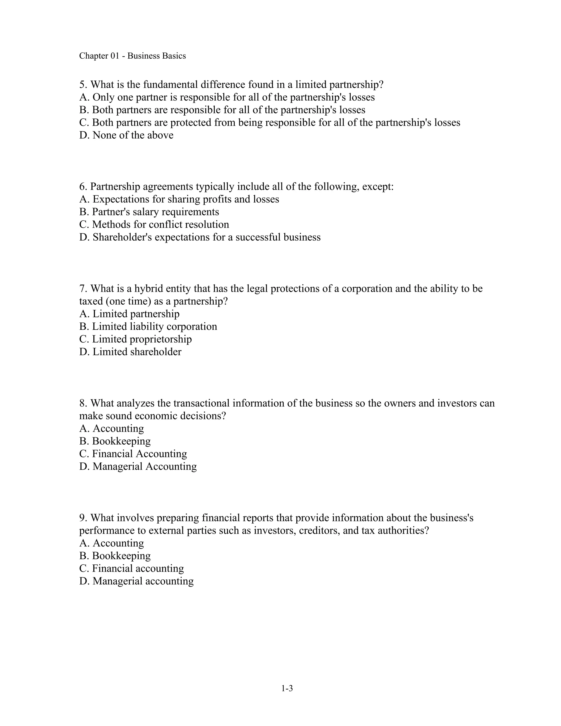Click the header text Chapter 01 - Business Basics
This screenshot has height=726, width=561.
132,56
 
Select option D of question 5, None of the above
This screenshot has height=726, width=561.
126,135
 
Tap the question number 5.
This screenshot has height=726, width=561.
83,85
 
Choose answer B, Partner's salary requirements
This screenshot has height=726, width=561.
149,212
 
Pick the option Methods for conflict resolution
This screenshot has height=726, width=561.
154,224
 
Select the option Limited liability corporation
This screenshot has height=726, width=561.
148,327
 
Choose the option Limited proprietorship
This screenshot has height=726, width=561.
136,339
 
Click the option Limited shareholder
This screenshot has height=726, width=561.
130,352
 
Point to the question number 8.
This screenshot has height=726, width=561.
83,403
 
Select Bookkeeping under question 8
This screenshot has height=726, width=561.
115,441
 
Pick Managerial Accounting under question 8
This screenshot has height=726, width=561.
138,466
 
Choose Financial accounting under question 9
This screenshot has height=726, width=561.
131,568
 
